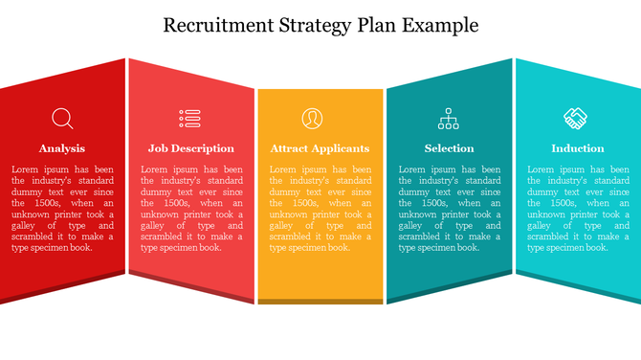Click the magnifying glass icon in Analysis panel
coord(62,119)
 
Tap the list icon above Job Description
coord(190,119)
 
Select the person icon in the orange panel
coord(312,119)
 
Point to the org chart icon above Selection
coord(449,119)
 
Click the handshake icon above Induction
coord(576,119)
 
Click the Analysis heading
coord(62,148)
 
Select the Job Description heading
coord(190,148)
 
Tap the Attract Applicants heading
coord(320,148)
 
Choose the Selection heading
coord(449,148)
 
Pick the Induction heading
coord(577,148)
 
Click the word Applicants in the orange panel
coord(339,149)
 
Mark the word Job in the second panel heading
coord(157,148)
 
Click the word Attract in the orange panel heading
coord(287,148)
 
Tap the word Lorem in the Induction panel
coord(541,169)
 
